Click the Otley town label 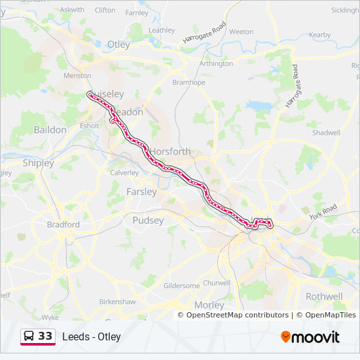coord(118,45)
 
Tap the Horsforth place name coord(171,151)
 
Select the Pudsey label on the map coord(148,221)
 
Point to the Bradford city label coord(63,225)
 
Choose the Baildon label coord(50,130)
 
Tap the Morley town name coord(209,305)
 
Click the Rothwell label coord(323,296)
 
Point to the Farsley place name coord(141,192)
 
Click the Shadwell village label coord(327,132)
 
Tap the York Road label coord(322,211)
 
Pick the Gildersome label coord(181,286)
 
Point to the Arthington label coord(216,63)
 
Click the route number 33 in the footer coord(45,336)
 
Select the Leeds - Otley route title coord(92,337)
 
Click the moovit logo coord(310,337)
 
